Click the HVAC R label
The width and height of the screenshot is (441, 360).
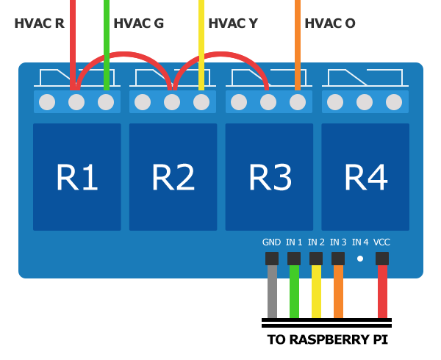tap(40, 24)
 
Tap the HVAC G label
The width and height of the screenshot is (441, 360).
tap(139, 24)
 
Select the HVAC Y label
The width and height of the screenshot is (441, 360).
tap(233, 24)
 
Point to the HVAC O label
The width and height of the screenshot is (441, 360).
tap(330, 24)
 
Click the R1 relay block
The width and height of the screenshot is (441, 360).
tap(77, 177)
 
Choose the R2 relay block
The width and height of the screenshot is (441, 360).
tap(173, 177)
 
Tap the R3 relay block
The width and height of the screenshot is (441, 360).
tap(269, 177)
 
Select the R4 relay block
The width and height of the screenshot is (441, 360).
tap(365, 177)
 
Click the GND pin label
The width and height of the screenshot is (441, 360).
tap(271, 242)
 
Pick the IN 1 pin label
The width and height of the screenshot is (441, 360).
tap(294, 242)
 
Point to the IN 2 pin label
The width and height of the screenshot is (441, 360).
tap(316, 242)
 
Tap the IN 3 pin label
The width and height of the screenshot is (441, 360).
tap(338, 242)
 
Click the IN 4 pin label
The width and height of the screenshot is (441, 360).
tap(360, 242)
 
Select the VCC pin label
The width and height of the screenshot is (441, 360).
tap(381, 242)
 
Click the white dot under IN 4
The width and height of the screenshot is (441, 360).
tap(360, 259)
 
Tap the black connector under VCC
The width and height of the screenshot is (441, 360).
tap(382, 259)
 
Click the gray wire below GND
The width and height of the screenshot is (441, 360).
tap(272, 292)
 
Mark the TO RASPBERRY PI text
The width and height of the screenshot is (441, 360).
tap(328, 339)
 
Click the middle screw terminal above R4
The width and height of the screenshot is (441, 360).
tap(365, 102)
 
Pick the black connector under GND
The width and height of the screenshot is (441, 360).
tap(272, 259)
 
